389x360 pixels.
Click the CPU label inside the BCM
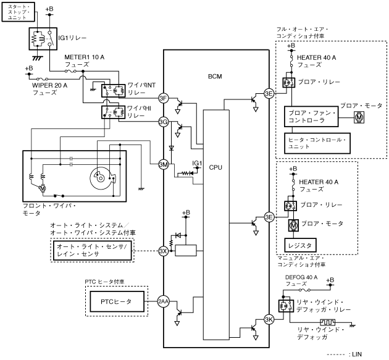click(x=215, y=167)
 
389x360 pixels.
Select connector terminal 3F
click(x=163, y=99)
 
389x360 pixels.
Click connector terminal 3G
click(x=163, y=122)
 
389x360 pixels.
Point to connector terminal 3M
click(x=163, y=164)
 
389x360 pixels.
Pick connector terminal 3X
click(x=163, y=251)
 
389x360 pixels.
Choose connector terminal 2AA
click(x=163, y=301)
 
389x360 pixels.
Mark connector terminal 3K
click(x=269, y=319)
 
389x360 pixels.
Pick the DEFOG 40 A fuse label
click(x=301, y=281)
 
